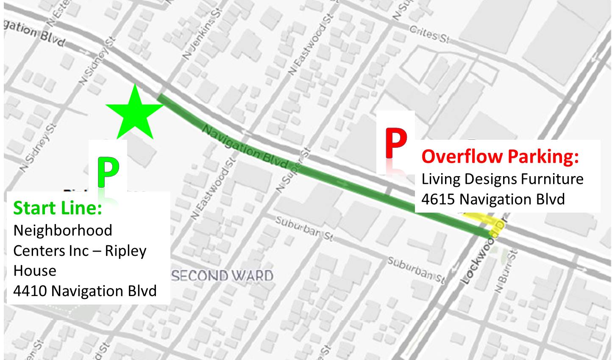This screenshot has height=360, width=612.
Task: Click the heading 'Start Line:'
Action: click(58, 208)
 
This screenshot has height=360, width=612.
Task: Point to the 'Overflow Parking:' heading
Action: click(500, 156)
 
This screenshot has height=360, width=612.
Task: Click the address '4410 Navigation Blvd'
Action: click(85, 291)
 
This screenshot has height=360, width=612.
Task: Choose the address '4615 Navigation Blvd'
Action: click(493, 199)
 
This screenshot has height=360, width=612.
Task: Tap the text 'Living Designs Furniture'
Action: click(502, 179)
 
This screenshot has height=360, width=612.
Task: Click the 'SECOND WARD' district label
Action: click(222, 276)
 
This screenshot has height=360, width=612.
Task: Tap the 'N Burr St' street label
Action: click(506, 271)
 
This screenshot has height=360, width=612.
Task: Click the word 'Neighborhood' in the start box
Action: click(63, 230)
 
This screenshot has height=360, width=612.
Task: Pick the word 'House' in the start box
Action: click(35, 271)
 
